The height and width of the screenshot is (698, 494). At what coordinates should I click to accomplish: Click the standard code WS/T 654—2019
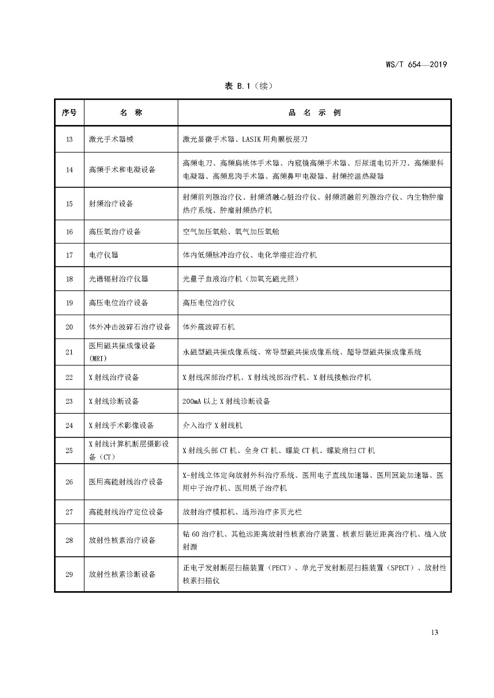pyautogui.click(x=416, y=64)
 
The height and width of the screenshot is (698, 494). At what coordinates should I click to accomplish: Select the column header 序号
pyautogui.click(x=69, y=113)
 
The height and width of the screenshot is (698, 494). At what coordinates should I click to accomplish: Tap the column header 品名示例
pyautogui.click(x=315, y=113)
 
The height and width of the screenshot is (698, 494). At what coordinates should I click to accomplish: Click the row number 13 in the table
pyautogui.click(x=69, y=139)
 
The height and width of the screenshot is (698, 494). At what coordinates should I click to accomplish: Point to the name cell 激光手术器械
pyautogui.click(x=111, y=139)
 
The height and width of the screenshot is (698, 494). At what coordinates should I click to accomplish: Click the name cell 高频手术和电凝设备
pyautogui.click(x=122, y=170)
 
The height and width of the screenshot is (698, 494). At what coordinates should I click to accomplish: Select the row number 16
pyautogui.click(x=69, y=232)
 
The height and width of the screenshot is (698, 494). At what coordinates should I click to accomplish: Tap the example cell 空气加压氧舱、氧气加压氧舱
pyautogui.click(x=231, y=232)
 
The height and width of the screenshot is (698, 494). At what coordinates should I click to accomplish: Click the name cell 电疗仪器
pyautogui.click(x=104, y=255)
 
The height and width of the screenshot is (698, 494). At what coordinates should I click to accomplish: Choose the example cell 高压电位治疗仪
pyautogui.click(x=208, y=303)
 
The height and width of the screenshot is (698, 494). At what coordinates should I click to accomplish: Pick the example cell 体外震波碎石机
pyautogui.click(x=208, y=327)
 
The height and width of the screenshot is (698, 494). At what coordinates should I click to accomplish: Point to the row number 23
pyautogui.click(x=69, y=401)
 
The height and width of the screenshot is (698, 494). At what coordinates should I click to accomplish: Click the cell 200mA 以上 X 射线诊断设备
pyautogui.click(x=226, y=401)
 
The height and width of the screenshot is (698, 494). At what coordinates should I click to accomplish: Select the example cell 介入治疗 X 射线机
pyautogui.click(x=212, y=425)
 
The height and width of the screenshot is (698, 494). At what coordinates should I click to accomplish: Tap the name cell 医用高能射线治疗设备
pyautogui.click(x=126, y=482)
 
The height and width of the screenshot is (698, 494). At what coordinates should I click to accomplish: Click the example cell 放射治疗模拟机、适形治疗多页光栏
pyautogui.click(x=242, y=512)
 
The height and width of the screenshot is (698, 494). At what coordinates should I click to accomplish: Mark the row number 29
pyautogui.click(x=69, y=574)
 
